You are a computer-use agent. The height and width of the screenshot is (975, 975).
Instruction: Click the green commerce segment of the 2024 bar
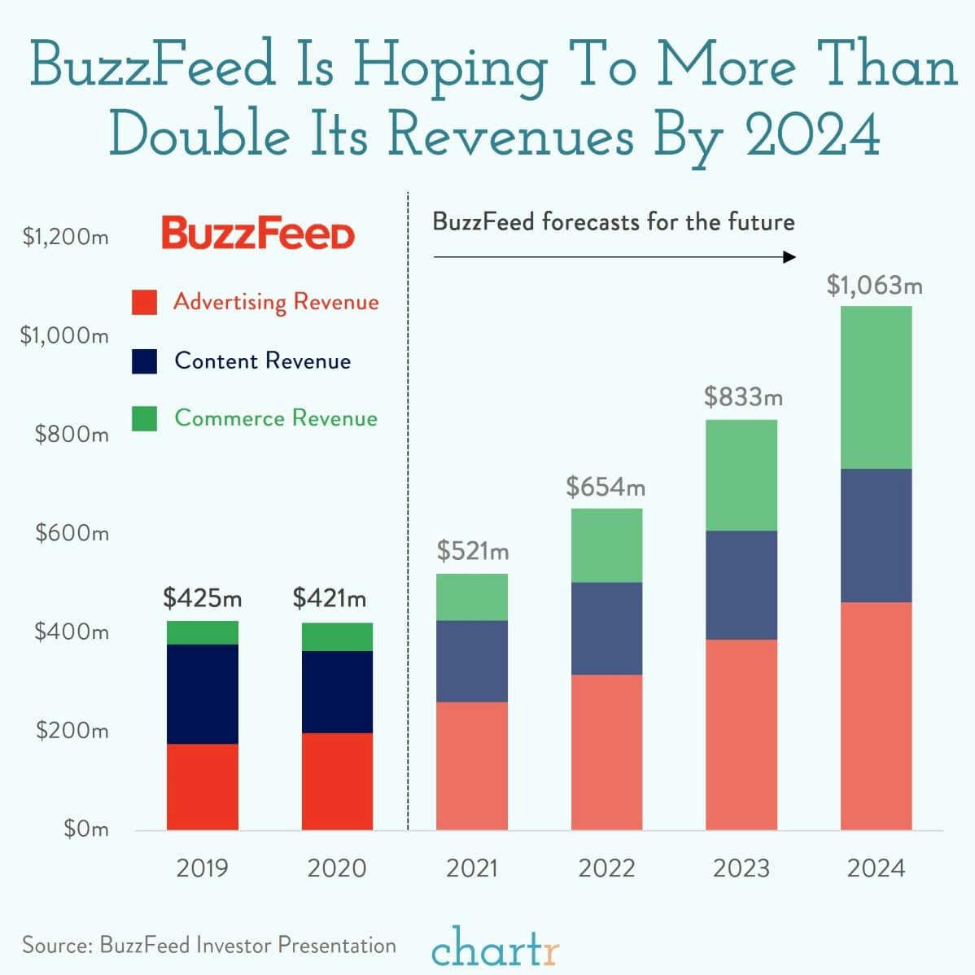click(876, 387)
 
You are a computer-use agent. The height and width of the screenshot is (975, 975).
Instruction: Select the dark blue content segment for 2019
click(203, 693)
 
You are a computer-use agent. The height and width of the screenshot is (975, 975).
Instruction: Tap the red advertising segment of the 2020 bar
click(337, 781)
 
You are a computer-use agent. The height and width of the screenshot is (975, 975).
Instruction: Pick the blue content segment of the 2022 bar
click(606, 628)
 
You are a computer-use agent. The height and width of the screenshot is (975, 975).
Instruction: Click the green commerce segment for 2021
click(472, 597)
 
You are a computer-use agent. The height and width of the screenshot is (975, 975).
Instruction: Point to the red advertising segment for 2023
click(741, 734)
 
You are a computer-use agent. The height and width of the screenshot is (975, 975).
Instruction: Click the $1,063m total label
click(875, 286)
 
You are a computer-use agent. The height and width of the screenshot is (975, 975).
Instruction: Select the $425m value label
click(203, 599)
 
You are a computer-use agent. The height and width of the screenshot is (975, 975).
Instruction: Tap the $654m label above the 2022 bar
click(606, 487)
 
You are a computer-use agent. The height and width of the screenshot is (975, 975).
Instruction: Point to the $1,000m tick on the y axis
click(64, 335)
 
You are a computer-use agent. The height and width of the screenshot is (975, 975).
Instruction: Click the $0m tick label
click(85, 829)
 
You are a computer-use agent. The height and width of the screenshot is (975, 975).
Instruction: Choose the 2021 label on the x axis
click(472, 868)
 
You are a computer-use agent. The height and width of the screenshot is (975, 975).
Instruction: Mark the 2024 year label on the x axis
click(876, 868)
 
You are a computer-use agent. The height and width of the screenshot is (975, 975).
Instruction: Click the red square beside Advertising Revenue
click(144, 303)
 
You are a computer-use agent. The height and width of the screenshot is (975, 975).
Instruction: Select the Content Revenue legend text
click(262, 361)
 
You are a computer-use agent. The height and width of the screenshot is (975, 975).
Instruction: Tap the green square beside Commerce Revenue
click(144, 418)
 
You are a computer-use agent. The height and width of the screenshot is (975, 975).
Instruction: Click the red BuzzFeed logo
click(258, 234)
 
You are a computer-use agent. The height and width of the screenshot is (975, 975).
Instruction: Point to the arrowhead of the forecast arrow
click(789, 257)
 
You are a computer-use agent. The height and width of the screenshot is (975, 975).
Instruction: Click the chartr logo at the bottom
click(495, 946)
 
